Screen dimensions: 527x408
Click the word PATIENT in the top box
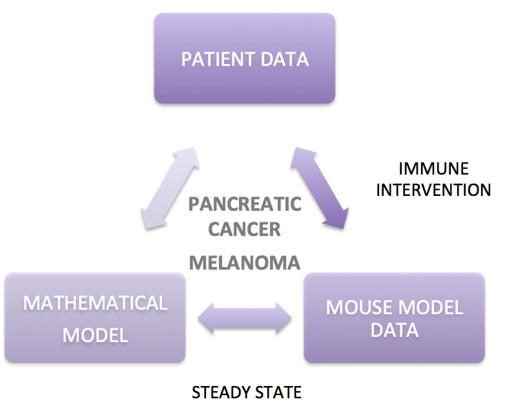point(217,59)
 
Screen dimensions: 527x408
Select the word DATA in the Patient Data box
point(284,59)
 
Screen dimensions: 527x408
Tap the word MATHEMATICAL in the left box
point(95,303)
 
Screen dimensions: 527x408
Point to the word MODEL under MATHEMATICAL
point(95,335)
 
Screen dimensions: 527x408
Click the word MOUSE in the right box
point(358,307)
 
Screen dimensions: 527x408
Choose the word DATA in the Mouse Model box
point(395,330)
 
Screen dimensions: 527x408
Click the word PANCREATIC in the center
point(245,204)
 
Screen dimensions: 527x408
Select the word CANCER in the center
point(244,229)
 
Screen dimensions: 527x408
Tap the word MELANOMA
point(245,263)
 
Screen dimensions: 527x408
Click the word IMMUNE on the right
point(433,169)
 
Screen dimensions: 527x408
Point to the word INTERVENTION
point(433,190)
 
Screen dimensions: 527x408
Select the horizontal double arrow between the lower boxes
point(244,317)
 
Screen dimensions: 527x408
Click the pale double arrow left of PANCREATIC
point(170,188)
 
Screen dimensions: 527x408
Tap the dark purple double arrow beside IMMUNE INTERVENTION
point(319,188)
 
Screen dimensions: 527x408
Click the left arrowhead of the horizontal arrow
point(205,317)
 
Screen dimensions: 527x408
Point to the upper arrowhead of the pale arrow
point(187,157)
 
